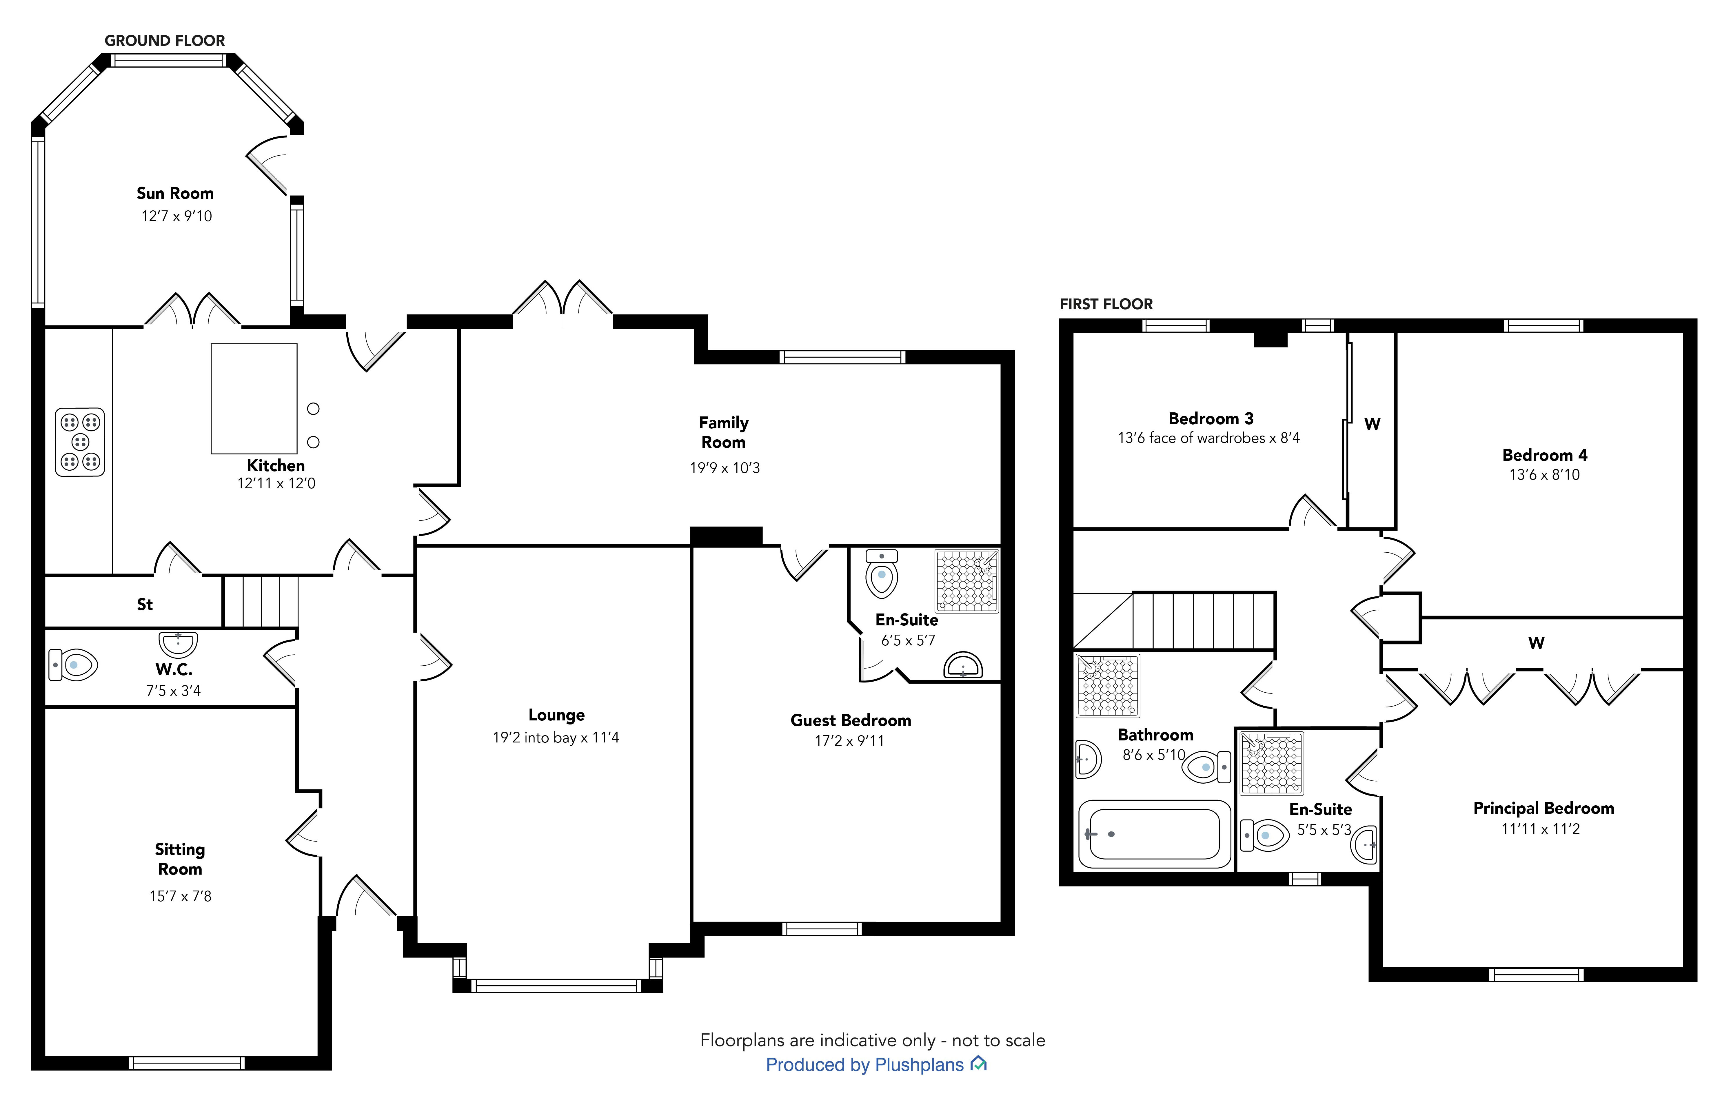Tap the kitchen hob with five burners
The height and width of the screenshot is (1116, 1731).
coord(80,442)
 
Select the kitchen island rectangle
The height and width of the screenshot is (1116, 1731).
coord(254,398)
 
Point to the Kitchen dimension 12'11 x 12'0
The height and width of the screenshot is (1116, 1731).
coord(276,483)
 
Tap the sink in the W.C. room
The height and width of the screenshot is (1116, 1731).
coord(178,643)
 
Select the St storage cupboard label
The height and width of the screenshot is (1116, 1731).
coord(145,605)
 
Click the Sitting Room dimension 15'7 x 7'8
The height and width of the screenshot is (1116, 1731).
coord(181,896)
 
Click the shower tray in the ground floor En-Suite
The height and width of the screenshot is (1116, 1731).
coord(966,581)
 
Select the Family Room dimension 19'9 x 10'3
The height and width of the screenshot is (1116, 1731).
coord(725,468)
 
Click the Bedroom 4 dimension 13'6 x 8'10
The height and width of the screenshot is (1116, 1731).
coord(1544,475)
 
